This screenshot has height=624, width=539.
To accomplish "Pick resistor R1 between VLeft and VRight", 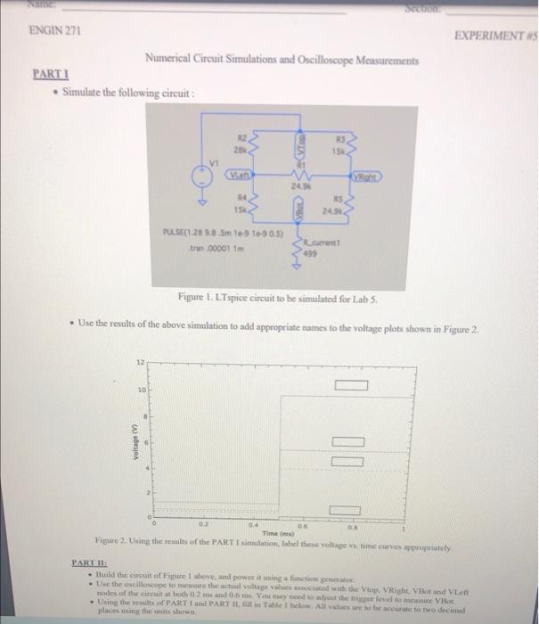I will tap(300, 178).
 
